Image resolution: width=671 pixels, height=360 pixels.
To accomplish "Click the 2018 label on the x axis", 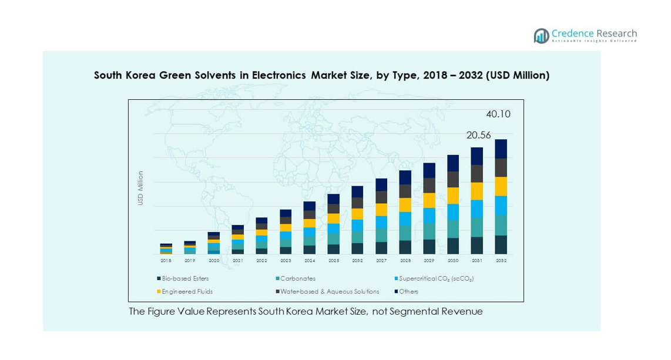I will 166,260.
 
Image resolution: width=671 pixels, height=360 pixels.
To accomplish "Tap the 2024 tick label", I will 310,260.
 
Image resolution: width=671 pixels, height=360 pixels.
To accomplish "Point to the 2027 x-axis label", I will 381,260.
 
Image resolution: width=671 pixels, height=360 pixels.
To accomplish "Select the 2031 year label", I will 477,260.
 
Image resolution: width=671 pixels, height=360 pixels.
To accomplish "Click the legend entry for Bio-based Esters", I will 185,278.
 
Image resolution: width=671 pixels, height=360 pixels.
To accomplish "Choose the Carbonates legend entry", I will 298,278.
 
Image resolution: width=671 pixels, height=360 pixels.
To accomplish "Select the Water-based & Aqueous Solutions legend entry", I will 330,291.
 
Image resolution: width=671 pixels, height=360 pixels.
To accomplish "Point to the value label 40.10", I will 498,115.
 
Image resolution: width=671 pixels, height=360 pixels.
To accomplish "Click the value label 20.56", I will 478,135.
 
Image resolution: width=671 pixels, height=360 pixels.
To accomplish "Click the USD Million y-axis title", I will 140,188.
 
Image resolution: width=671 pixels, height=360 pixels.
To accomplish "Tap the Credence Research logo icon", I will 541,36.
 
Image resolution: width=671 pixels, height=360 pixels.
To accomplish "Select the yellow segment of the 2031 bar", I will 477,191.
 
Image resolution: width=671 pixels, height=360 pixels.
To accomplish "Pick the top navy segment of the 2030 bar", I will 453,163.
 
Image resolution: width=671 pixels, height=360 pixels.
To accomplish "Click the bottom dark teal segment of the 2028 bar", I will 405,247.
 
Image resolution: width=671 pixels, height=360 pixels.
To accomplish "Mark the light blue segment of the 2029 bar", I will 430,216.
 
